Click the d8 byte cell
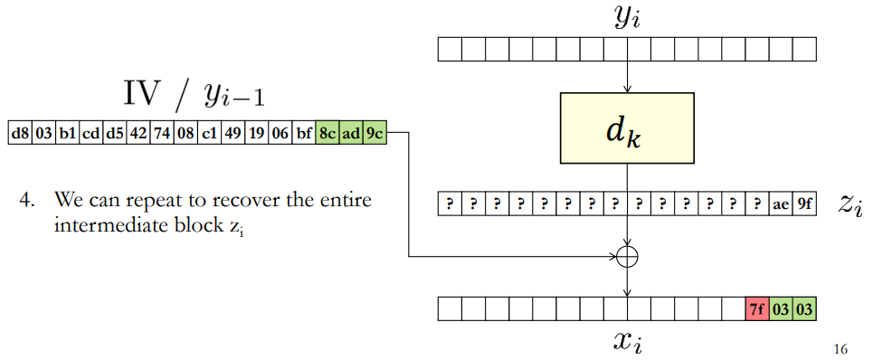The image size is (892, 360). point(20,133)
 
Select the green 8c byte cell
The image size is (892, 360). point(327,133)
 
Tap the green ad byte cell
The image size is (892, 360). point(351,133)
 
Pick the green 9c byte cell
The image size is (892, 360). point(375,133)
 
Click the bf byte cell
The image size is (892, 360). point(304,133)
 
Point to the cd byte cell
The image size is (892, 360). point(91,133)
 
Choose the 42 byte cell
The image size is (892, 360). point(138,133)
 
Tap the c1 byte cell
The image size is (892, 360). point(209,133)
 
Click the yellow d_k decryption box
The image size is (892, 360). point(627,128)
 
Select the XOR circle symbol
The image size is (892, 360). point(627,257)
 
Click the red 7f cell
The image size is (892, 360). point(757,308)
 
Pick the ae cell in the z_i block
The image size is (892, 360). point(781,204)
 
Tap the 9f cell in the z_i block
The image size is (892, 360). point(805,204)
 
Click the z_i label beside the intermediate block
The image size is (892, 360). point(850,205)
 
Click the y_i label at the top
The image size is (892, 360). point(629,19)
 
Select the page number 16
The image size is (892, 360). point(840,348)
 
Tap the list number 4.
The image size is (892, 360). point(26,200)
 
